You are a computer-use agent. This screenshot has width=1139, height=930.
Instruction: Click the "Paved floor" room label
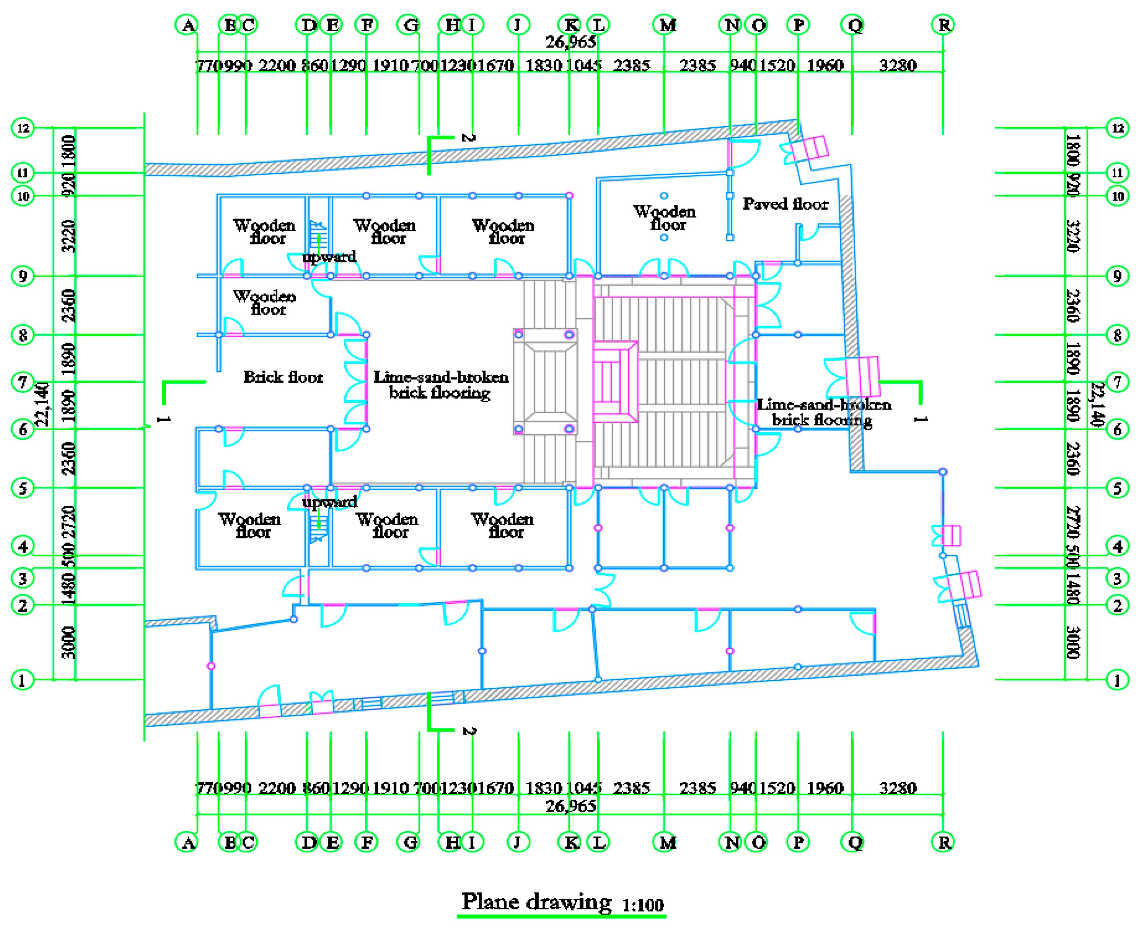(784, 204)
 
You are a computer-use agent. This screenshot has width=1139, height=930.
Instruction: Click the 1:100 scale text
(642, 905)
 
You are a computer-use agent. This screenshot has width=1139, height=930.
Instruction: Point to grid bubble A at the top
(187, 25)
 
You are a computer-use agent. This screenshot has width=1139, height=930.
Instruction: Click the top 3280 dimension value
(898, 66)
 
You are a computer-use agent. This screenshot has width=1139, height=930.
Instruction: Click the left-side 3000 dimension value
(68, 642)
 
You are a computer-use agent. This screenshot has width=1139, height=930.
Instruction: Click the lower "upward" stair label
(329, 502)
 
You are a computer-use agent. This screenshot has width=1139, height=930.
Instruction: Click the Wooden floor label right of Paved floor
(664, 218)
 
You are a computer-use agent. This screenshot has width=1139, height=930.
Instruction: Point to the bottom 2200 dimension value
(276, 788)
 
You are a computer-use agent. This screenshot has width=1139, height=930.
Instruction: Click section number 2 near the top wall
(468, 138)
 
